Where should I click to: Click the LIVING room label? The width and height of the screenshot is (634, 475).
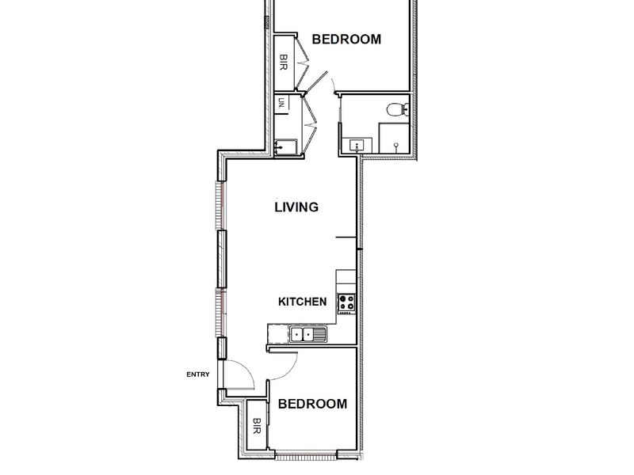[296, 207]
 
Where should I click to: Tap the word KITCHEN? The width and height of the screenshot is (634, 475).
[303, 302]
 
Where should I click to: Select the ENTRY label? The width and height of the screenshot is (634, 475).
[198, 374]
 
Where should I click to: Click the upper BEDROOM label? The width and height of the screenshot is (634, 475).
[346, 39]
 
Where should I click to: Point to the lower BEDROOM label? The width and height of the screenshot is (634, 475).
[312, 404]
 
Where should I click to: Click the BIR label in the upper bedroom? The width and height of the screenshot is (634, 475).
[284, 63]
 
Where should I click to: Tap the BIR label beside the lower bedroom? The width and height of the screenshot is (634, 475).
[256, 426]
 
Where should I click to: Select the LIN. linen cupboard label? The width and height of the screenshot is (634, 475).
[282, 104]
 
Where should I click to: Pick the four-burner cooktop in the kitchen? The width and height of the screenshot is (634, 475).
[346, 302]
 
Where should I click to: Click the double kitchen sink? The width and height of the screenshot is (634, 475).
[307, 334]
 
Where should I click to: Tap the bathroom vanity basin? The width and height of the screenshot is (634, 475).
[357, 146]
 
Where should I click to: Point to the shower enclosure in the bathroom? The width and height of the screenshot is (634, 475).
[394, 138]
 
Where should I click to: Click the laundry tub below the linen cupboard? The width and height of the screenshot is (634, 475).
[285, 146]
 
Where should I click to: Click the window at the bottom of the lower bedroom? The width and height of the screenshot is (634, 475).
[306, 457]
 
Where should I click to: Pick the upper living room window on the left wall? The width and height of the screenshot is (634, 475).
[221, 206]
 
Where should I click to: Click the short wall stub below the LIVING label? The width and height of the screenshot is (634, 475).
[346, 237]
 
